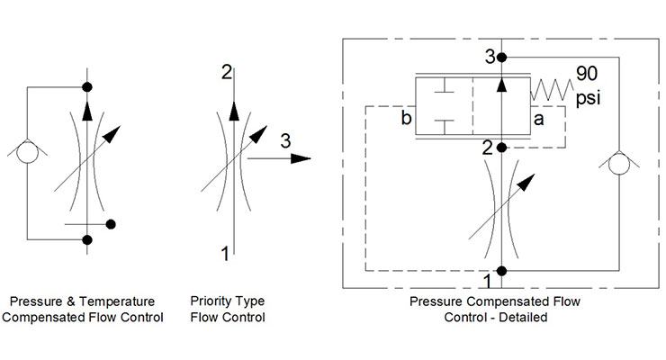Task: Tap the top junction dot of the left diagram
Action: pyautogui.click(x=87, y=86)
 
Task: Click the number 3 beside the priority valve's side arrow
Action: pyautogui.click(x=284, y=141)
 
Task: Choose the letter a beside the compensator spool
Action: pyautogui.click(x=539, y=118)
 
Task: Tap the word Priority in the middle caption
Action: pyautogui.click(x=210, y=301)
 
